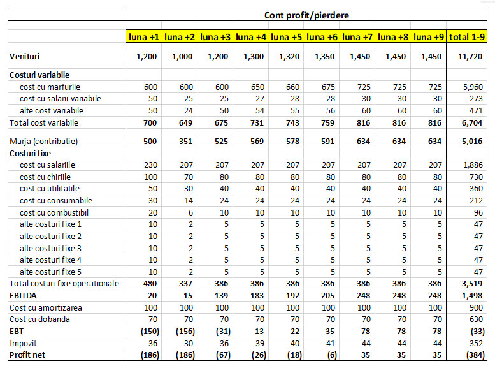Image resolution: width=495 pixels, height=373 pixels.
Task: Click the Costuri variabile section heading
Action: [x=39, y=75]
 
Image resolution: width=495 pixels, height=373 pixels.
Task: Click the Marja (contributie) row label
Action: [x=45, y=141]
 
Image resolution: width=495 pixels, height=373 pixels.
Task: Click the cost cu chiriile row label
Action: [x=45, y=177]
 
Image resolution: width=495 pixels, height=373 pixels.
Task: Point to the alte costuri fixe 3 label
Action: [x=51, y=248]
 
